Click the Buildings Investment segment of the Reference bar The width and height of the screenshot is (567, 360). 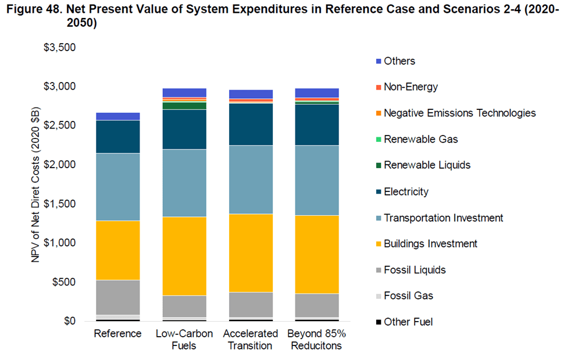coord(118,250)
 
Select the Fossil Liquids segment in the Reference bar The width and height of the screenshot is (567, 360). coord(118,297)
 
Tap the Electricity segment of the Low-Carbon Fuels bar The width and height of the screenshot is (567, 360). coord(184,129)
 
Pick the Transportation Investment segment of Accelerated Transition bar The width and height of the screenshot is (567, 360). coord(251,179)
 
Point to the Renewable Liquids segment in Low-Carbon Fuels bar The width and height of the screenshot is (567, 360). coord(184,106)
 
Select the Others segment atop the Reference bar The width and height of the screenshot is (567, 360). coord(118,116)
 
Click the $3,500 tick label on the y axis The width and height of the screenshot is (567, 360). coord(60,47)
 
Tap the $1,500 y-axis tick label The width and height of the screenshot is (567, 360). coord(60,204)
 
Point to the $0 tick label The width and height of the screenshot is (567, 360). coord(69,321)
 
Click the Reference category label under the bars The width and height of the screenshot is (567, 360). coord(117,334)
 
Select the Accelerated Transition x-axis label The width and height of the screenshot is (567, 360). coord(251,340)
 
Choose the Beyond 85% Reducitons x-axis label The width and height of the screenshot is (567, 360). coord(317,340)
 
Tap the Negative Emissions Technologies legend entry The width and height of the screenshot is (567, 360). coord(459,113)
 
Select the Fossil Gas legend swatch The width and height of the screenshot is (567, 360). coord(379,296)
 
